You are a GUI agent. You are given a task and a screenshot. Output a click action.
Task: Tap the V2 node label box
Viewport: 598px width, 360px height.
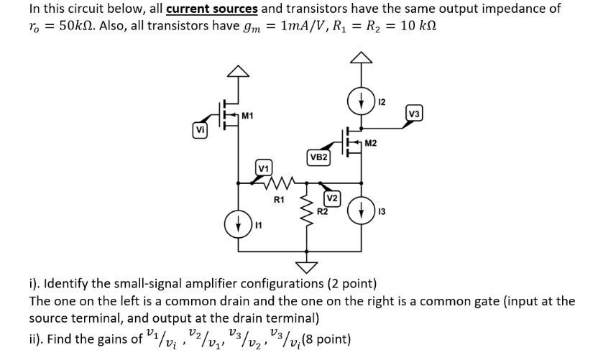(x=332, y=198)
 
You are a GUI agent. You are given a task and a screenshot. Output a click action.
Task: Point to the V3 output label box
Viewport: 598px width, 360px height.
(x=415, y=113)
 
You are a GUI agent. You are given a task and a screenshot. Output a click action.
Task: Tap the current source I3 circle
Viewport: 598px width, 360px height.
(x=357, y=210)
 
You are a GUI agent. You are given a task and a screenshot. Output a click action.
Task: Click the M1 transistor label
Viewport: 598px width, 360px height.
(x=247, y=116)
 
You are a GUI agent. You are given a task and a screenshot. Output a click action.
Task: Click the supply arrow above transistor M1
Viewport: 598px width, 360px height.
(x=239, y=70)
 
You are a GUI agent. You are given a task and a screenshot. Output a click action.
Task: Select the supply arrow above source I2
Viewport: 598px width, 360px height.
(x=357, y=57)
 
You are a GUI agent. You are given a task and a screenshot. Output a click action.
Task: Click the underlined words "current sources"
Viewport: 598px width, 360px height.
(x=212, y=9)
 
